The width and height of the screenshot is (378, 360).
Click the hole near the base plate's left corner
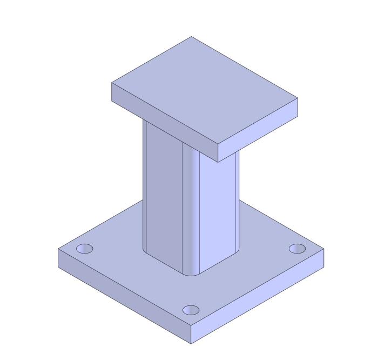[x=84, y=249]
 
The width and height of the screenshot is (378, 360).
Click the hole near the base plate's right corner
[x=297, y=248]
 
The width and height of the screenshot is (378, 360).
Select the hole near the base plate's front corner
[x=191, y=310]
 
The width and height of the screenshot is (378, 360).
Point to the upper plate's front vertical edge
[x=218, y=154]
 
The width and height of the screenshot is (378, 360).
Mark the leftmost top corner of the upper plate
[x=112, y=83]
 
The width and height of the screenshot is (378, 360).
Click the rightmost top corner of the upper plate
[x=298, y=98]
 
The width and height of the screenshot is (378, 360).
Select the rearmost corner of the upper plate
[x=192, y=37]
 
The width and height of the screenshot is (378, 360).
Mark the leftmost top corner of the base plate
[x=58, y=249]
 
